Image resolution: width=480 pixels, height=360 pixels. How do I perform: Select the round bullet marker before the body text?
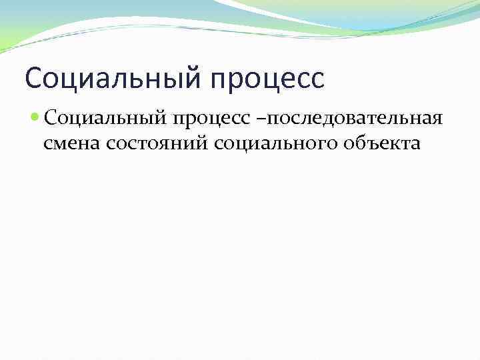35,118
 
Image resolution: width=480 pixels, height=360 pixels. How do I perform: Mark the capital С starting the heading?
33,78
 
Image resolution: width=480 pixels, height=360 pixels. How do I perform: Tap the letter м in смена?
60,143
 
